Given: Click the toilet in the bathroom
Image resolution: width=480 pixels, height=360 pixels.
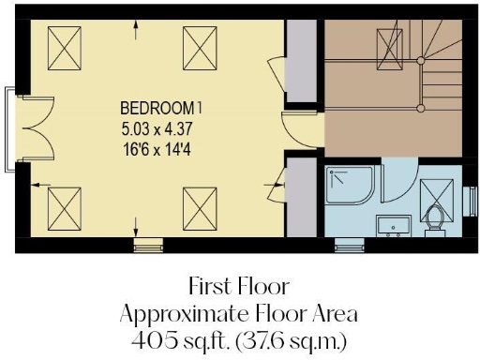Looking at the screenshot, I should (433, 219).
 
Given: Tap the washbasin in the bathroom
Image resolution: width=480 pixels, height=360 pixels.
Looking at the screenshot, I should (393, 225).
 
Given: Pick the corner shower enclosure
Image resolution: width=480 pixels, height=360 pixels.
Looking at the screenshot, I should (352, 189).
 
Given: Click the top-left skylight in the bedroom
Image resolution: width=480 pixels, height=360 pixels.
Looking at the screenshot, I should (64, 44).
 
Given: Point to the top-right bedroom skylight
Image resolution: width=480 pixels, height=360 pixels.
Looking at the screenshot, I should (199, 44).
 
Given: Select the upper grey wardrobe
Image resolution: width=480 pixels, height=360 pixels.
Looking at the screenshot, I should (301, 63).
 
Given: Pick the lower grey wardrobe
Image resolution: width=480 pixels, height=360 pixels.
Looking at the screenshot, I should (301, 197).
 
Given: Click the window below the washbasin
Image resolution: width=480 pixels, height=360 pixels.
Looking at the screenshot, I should (349, 247).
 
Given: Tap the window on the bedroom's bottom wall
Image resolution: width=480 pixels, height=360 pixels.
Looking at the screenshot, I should (147, 247).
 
